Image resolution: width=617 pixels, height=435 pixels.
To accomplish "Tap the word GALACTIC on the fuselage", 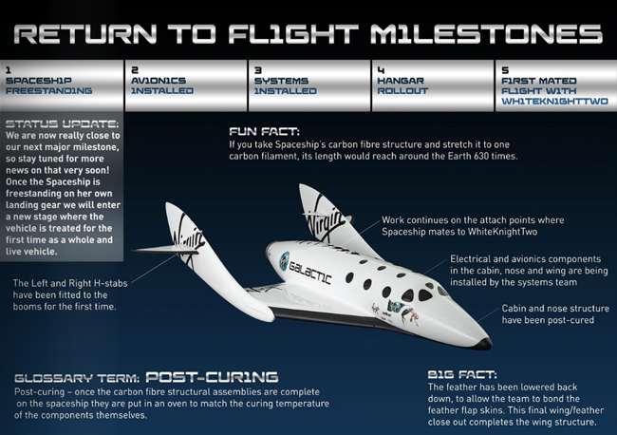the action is [310, 273].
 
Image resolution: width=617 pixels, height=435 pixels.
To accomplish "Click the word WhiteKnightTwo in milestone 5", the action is [554, 102].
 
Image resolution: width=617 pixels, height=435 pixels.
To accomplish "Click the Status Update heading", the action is [62, 124].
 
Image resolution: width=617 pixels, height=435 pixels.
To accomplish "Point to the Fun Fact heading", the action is [264, 131].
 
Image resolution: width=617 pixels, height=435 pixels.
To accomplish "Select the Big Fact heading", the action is [462, 374].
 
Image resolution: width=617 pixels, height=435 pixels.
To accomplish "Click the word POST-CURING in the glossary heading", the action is [212, 377].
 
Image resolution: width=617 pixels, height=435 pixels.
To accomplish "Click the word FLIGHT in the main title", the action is [293, 34].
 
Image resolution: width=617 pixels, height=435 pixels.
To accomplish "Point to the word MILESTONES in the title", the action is [486, 34].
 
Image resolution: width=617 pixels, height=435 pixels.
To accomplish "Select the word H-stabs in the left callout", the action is [113, 283].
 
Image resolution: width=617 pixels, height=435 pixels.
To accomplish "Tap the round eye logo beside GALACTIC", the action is [284, 261].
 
